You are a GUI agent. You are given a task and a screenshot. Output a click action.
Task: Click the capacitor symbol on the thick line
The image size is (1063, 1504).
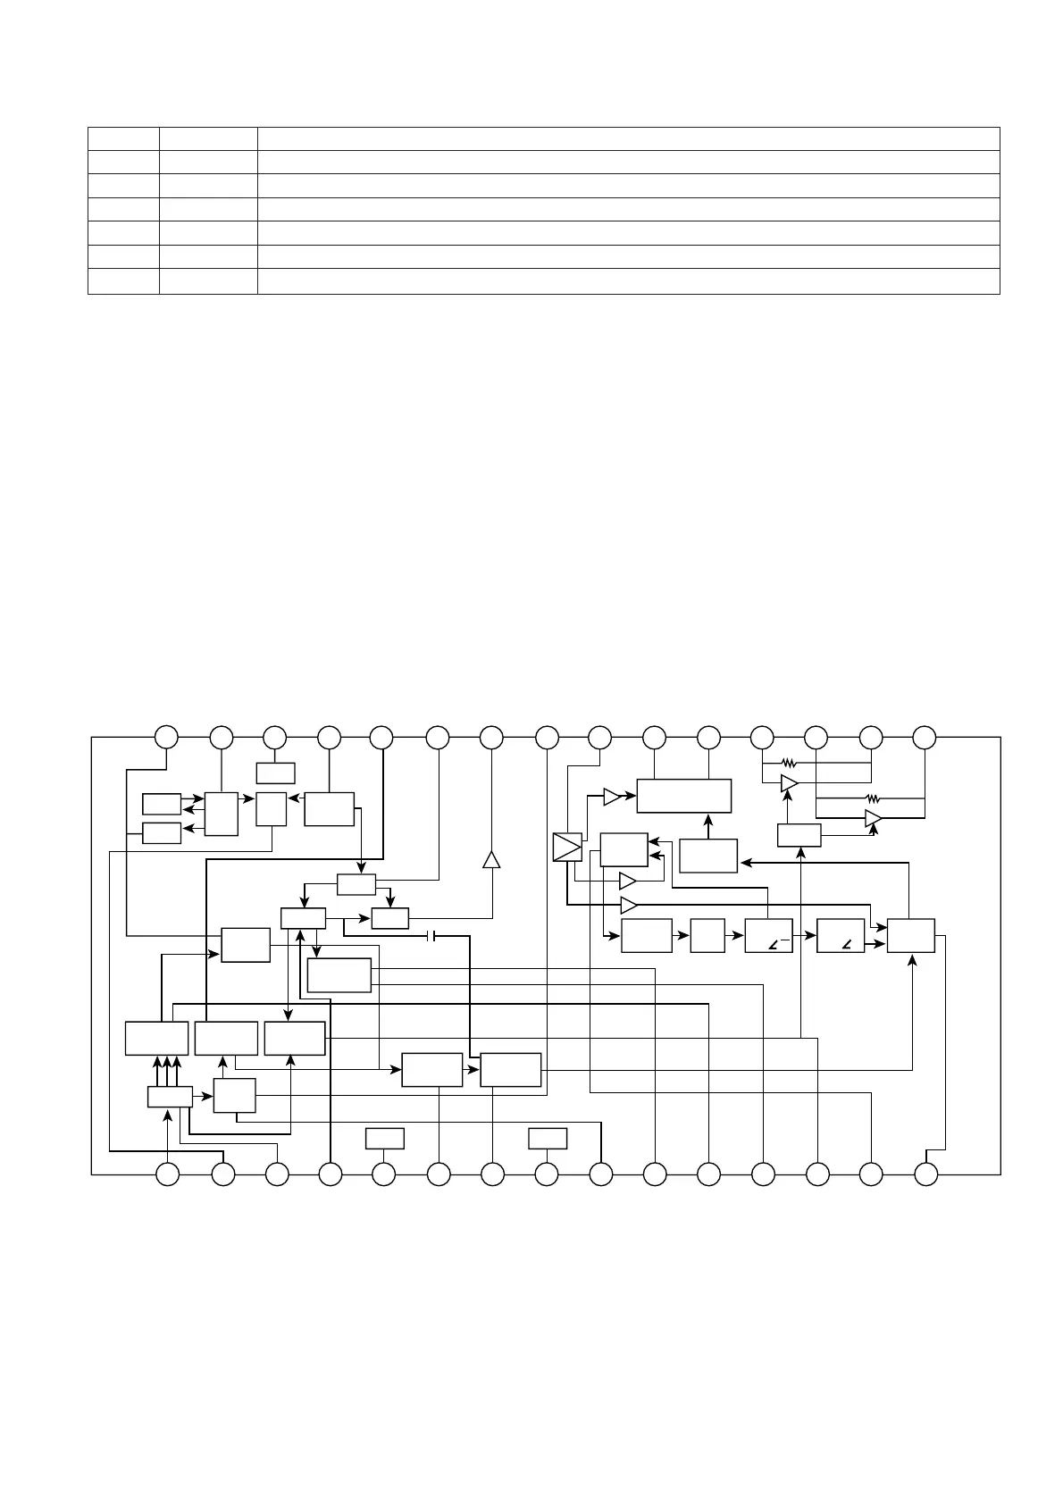point(431,936)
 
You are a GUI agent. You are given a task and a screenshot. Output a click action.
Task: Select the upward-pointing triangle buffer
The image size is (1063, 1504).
point(490,859)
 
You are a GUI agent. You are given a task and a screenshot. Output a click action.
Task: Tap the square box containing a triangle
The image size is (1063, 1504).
point(567,847)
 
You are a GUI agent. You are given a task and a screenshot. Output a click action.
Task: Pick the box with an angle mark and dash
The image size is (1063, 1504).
point(768,935)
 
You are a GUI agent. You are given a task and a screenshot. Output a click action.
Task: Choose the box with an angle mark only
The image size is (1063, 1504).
point(841,935)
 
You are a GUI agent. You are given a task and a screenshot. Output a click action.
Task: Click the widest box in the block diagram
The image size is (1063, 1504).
point(683,795)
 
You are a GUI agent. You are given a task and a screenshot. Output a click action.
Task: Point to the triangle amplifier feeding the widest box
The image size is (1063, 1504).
point(611,797)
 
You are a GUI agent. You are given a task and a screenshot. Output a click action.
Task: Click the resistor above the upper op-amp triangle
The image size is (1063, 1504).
point(788,763)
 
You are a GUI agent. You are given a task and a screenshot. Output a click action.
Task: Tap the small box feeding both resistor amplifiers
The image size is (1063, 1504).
point(799,835)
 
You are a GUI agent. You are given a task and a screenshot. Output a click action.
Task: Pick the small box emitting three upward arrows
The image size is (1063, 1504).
point(170,1097)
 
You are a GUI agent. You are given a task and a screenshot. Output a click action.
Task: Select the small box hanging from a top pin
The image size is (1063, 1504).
point(275,773)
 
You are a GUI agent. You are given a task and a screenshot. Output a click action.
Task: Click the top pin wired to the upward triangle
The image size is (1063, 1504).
point(490,738)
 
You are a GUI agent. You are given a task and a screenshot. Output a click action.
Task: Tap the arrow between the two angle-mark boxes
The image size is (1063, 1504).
point(805,935)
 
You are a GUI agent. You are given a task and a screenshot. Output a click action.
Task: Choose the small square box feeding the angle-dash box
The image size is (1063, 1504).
point(707,935)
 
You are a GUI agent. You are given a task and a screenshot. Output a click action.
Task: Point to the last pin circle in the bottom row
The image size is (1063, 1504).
point(926,1174)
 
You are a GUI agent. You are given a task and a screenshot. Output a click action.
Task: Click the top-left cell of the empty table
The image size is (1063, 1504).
point(123,138)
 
